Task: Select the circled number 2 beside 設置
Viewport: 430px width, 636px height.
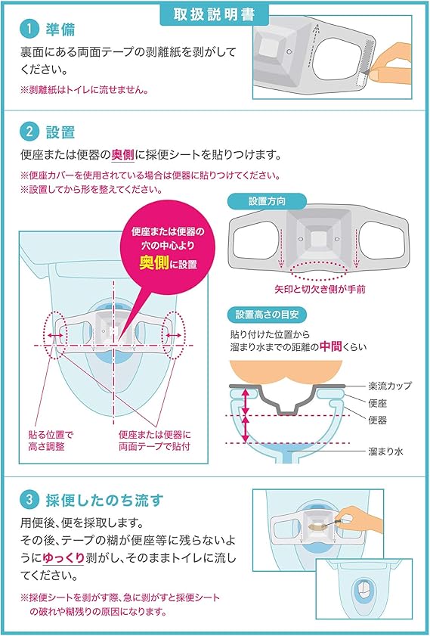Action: tap(29, 131)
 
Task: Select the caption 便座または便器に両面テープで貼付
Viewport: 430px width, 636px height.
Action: tap(156, 441)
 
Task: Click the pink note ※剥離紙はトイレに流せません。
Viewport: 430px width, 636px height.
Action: tap(83, 89)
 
